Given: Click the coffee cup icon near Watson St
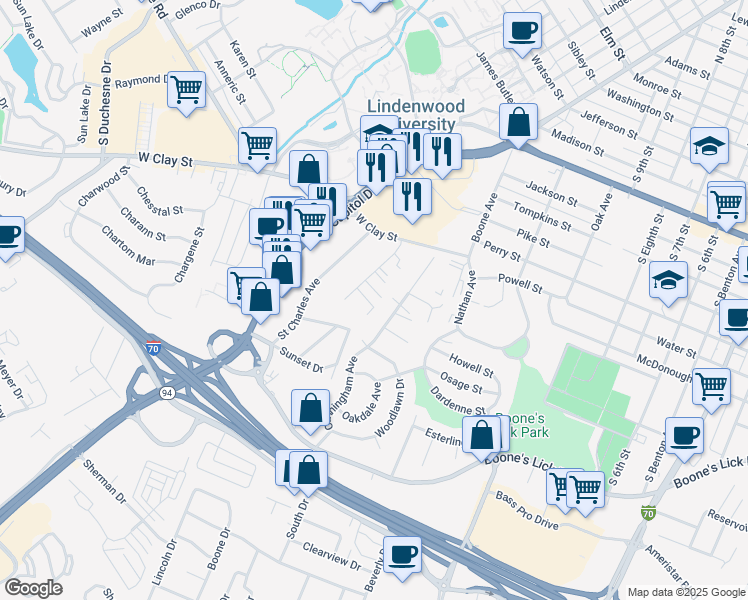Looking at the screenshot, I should [x=522, y=31].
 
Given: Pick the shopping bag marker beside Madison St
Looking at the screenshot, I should [x=519, y=124].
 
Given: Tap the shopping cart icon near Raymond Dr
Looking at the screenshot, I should [x=186, y=90].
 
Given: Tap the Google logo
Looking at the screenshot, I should [x=33, y=588].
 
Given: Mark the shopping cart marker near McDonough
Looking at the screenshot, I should [x=711, y=385].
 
